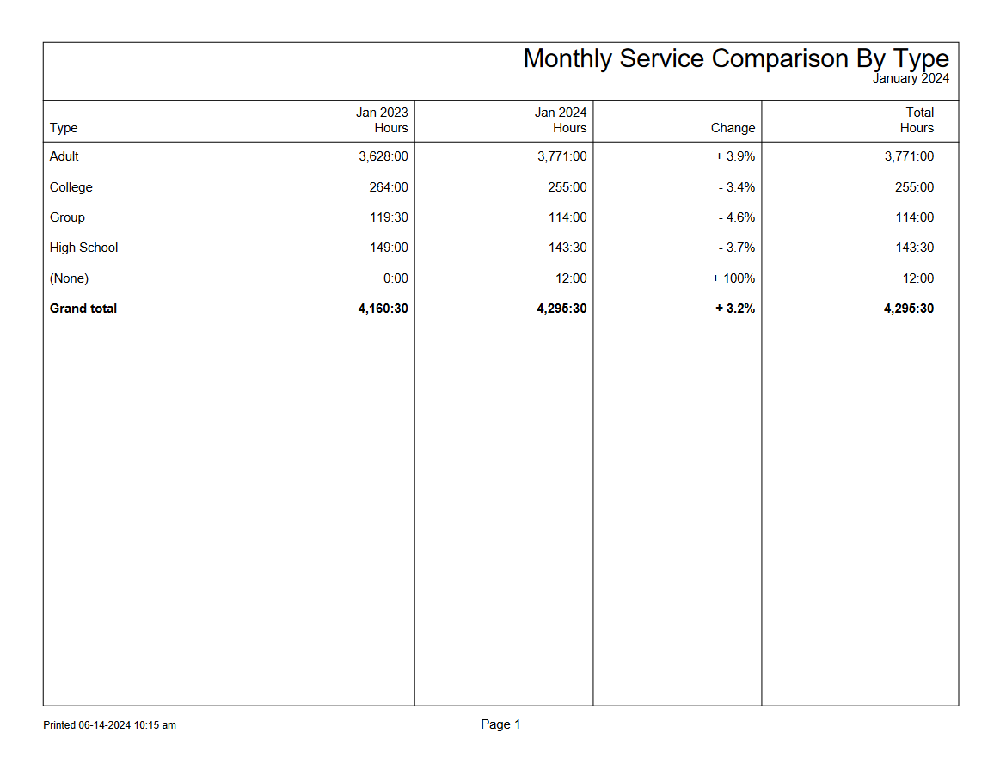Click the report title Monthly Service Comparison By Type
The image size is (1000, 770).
(735, 58)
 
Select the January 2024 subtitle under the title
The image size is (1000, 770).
(911, 78)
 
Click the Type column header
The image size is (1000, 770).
(64, 128)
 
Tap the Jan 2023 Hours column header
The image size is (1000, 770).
(382, 120)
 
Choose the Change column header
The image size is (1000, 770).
(733, 128)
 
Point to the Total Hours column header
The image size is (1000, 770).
(917, 120)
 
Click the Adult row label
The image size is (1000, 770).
(64, 156)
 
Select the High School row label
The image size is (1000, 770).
(83, 247)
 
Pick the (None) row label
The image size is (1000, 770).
(69, 278)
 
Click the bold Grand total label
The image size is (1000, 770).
(83, 309)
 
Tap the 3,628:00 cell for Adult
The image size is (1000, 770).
(383, 156)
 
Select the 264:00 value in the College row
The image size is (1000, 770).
(389, 187)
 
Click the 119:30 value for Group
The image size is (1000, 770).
(389, 217)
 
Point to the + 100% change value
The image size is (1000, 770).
(733, 278)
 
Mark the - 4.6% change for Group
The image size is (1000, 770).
(736, 217)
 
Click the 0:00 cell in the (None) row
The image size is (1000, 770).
(396, 278)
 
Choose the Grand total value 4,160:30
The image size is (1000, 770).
(383, 309)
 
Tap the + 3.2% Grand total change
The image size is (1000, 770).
(734, 309)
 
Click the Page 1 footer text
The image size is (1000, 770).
(500, 724)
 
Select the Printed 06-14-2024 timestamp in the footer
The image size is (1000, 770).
(109, 725)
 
